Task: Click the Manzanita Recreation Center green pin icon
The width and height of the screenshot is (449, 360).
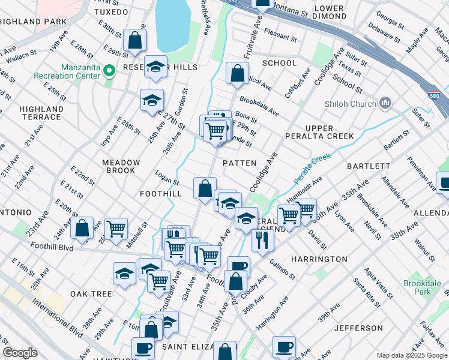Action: [x=109, y=71]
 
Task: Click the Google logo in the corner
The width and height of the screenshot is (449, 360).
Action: [x=20, y=353]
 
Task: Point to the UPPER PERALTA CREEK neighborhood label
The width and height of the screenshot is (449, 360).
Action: [x=327, y=132]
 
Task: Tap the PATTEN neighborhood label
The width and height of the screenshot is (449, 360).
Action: [x=240, y=163]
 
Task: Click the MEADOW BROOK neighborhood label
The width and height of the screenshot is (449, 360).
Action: [x=121, y=166]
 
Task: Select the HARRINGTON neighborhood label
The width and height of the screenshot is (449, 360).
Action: [x=320, y=259]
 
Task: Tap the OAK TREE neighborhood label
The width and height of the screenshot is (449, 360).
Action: [x=91, y=294]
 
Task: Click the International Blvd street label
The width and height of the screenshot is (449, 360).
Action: [x=58, y=321]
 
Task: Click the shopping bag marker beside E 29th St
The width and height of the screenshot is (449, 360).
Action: [x=135, y=41]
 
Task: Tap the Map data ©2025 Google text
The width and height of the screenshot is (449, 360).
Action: [x=411, y=355]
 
